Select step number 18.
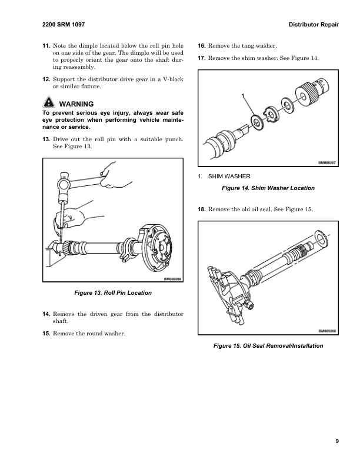(201, 210)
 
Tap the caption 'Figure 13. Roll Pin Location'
(113, 292)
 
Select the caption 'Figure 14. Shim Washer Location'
(267, 188)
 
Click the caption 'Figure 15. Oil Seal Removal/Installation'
(268, 345)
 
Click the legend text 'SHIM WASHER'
(230, 176)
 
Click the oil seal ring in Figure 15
(321, 239)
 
